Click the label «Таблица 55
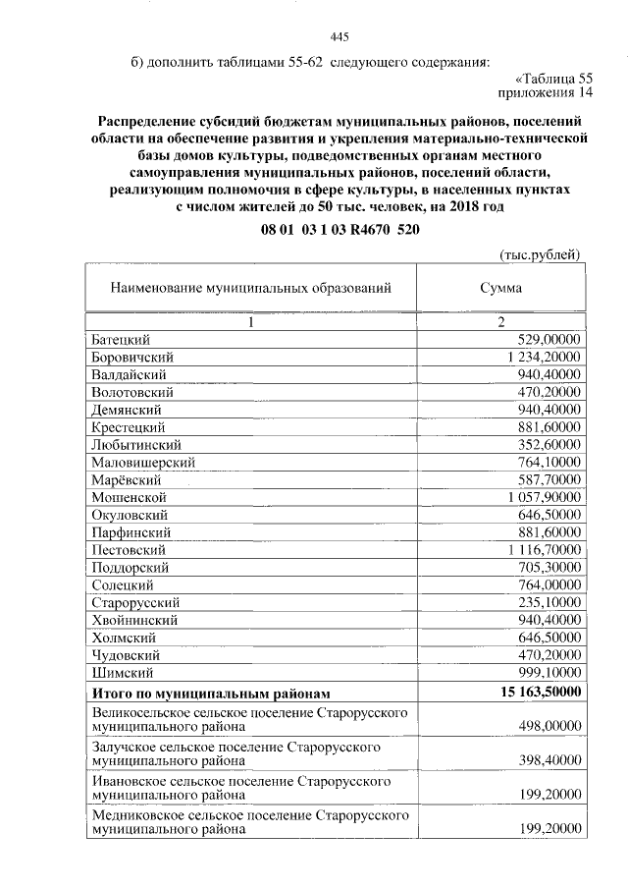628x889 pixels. [554, 78]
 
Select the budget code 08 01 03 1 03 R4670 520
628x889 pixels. [341, 227]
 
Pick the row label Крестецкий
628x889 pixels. [128, 427]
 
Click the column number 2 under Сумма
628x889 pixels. [500, 321]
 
